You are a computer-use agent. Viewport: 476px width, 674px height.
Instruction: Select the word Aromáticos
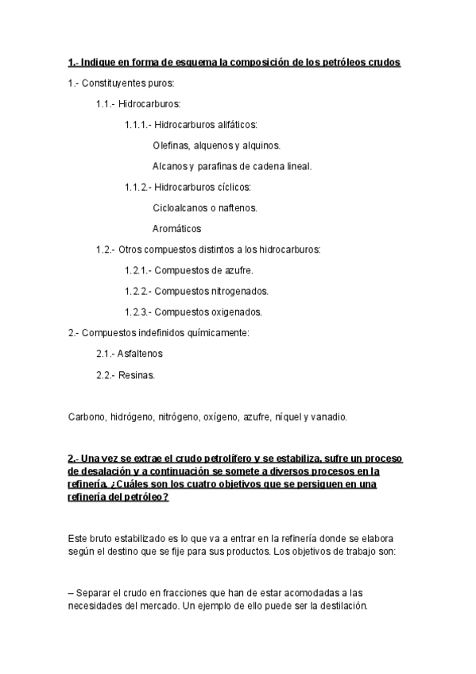pos(176,229)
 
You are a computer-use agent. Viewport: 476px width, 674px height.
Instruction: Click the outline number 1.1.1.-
pos(137,125)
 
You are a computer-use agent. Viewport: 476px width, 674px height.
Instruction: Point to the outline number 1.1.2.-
pos(137,188)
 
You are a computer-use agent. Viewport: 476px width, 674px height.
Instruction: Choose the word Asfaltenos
pos(140,354)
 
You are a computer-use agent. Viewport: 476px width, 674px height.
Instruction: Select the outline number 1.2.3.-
pos(137,312)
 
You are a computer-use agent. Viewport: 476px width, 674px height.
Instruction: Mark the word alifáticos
pos(232,125)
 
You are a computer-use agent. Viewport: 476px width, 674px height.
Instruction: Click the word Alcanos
pos(169,166)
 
